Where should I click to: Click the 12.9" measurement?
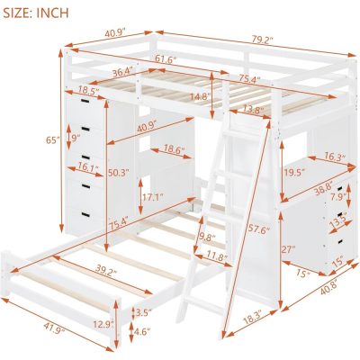(102, 322)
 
